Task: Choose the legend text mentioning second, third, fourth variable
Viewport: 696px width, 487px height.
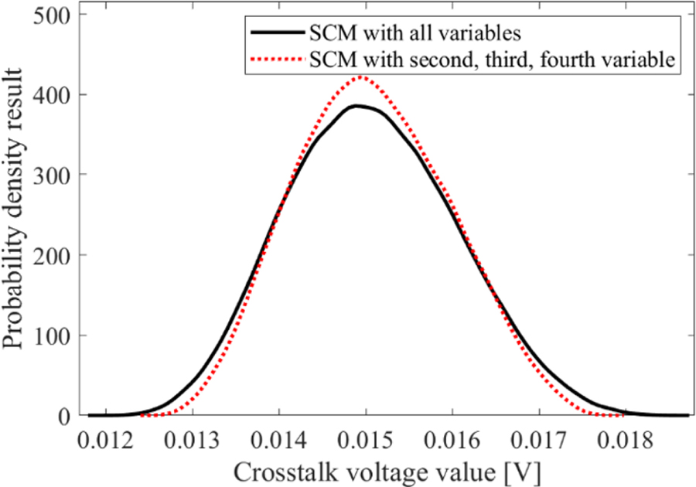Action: pos(492,59)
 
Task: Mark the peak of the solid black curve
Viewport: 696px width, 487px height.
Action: pos(357,106)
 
